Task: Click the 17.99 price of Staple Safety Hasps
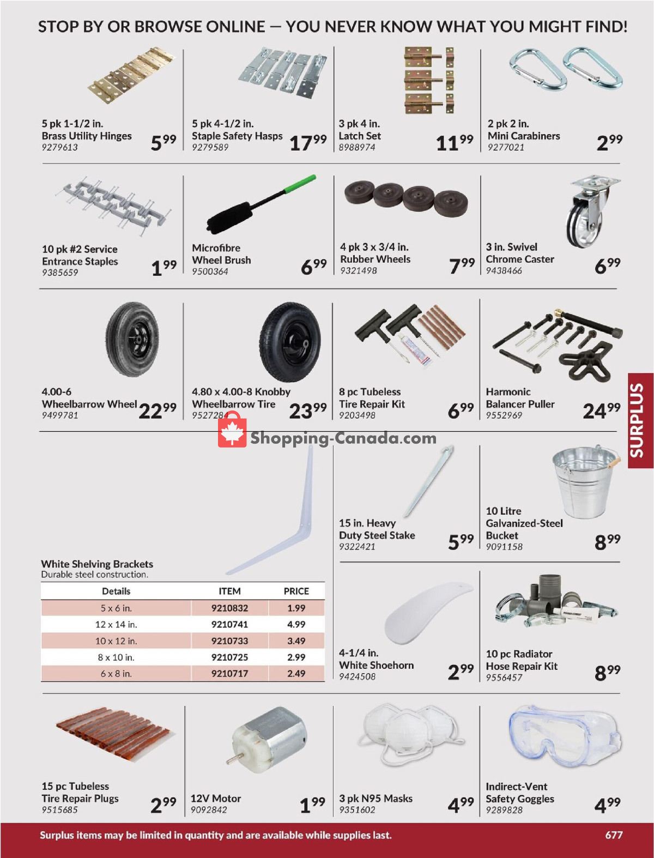(308, 143)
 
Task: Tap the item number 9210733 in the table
(229, 641)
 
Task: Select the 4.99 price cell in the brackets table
(296, 625)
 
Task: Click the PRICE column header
(296, 591)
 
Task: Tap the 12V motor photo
(267, 739)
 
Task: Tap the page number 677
(614, 835)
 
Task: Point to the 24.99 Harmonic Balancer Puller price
(601, 410)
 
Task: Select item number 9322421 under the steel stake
(357, 547)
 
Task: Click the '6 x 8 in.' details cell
(116, 674)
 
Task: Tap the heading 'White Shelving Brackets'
(97, 564)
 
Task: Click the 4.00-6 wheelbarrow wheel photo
(132, 339)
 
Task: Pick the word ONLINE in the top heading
(234, 27)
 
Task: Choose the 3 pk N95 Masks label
(376, 799)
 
